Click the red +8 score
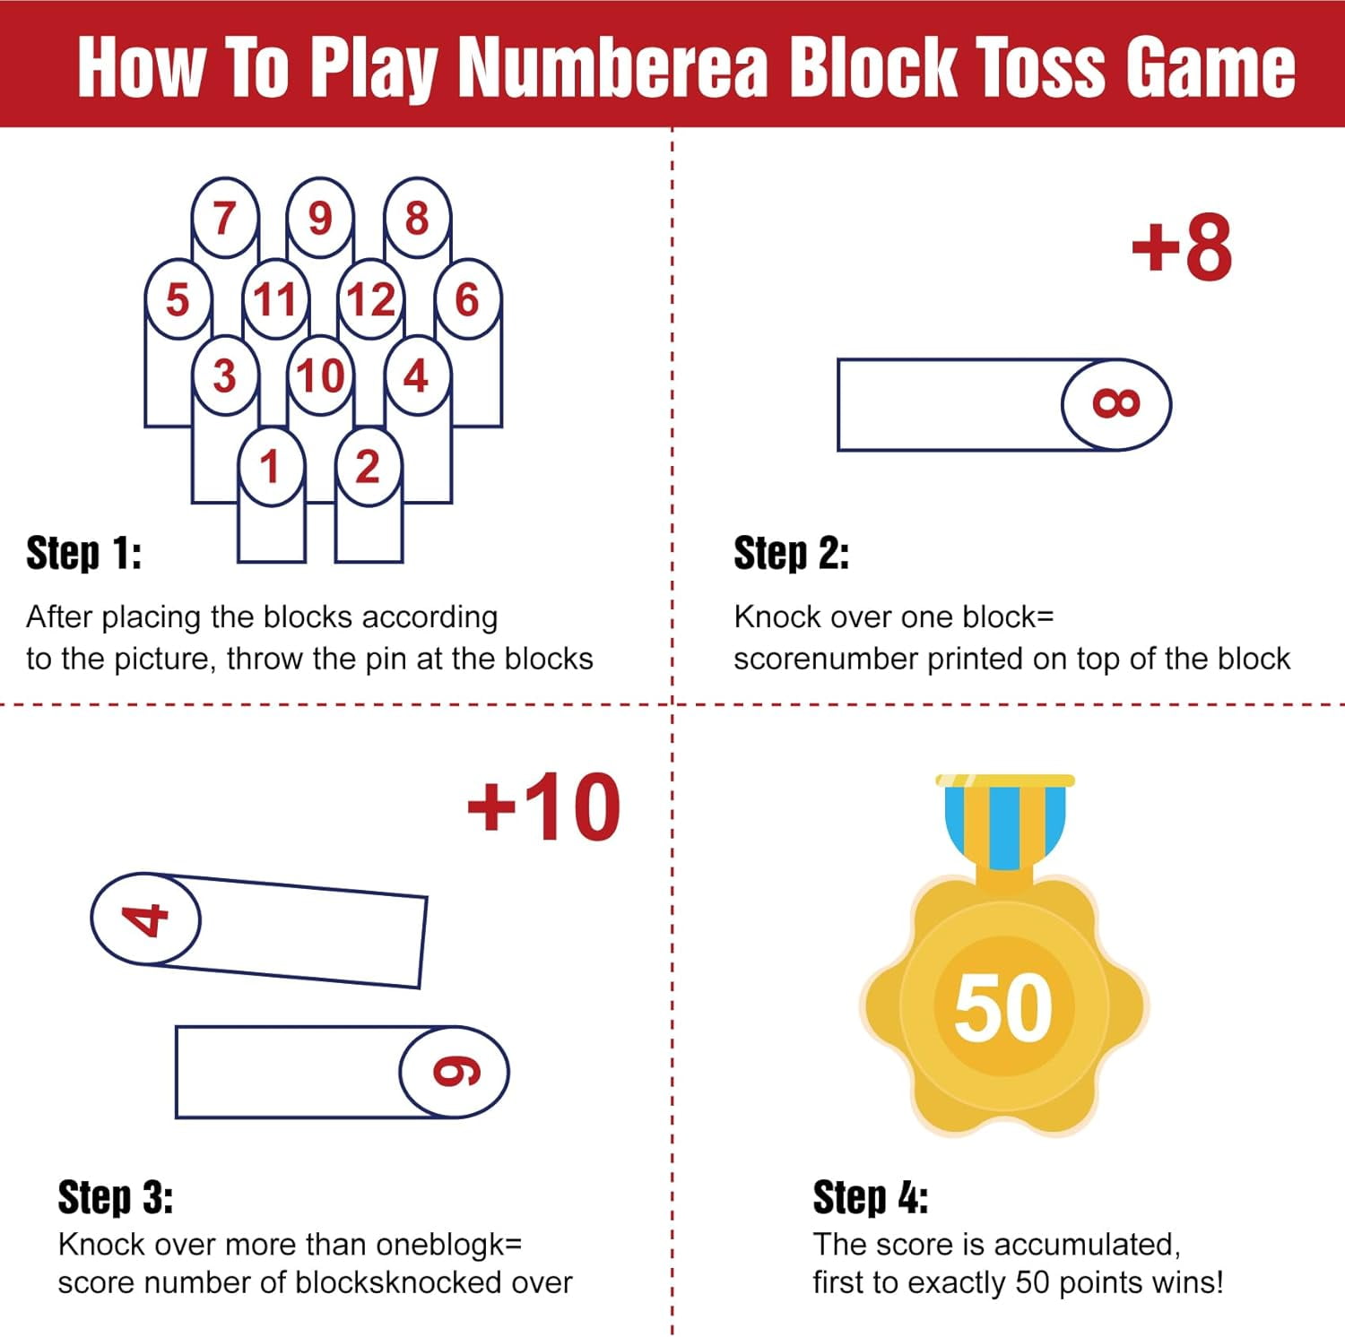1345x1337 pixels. coord(1182,247)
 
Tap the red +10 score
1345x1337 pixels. coord(544,807)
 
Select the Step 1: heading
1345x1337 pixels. coord(83,553)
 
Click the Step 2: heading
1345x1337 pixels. coord(792,553)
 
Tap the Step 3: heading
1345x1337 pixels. coord(116,1197)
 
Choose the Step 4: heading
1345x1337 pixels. coord(871,1197)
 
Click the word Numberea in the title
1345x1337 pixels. coord(613,67)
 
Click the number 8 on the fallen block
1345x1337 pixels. coord(1116,404)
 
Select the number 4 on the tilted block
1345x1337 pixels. coord(145,919)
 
